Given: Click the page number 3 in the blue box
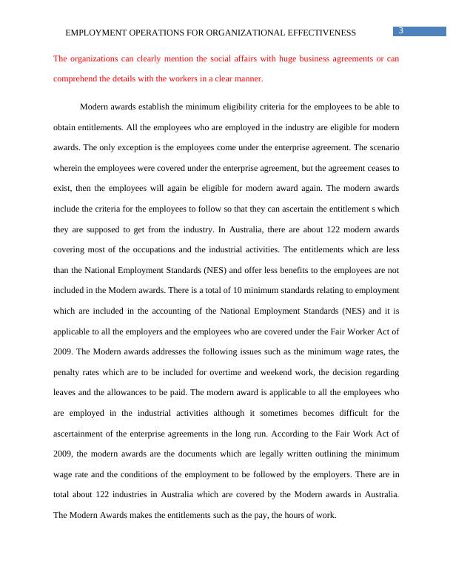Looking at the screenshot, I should click(x=400, y=30).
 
